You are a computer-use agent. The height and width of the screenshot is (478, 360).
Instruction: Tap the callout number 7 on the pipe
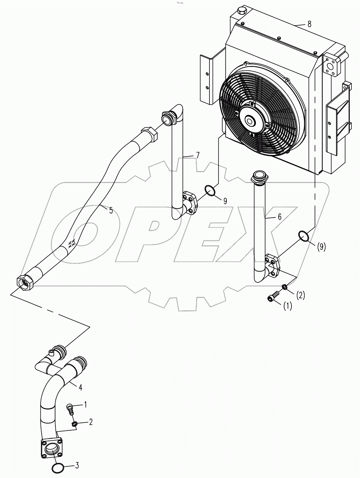198,156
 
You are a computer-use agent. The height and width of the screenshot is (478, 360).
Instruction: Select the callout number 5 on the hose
110,210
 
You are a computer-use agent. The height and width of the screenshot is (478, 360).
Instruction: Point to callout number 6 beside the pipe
279,217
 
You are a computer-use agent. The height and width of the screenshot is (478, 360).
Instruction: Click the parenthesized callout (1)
287,306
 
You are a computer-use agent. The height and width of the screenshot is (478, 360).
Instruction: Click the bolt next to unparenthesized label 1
70,409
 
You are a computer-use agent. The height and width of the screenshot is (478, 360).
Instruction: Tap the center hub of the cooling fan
250,121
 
